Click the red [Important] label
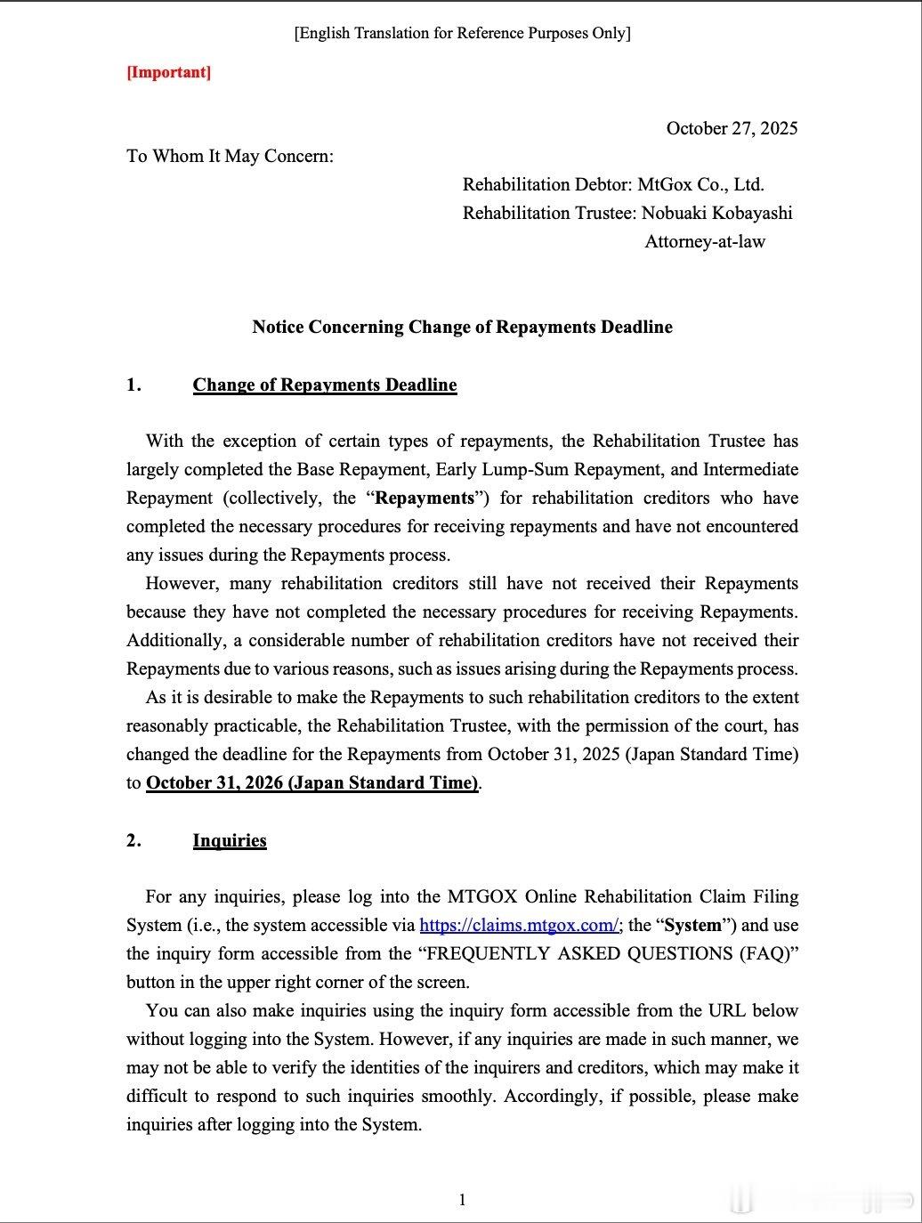pos(168,72)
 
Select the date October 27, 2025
pos(732,128)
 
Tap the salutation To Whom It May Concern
pos(230,157)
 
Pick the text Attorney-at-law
pos(705,241)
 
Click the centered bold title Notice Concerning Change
pos(462,327)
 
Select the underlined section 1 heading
pos(325,385)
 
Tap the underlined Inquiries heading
pos(230,840)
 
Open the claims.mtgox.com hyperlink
pos(519,925)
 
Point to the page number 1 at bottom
pos(462,1200)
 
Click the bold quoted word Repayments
pos(425,498)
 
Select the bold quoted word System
pos(692,925)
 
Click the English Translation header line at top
pos(462,34)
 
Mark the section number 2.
pos(133,840)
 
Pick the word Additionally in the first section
pos(182,641)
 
